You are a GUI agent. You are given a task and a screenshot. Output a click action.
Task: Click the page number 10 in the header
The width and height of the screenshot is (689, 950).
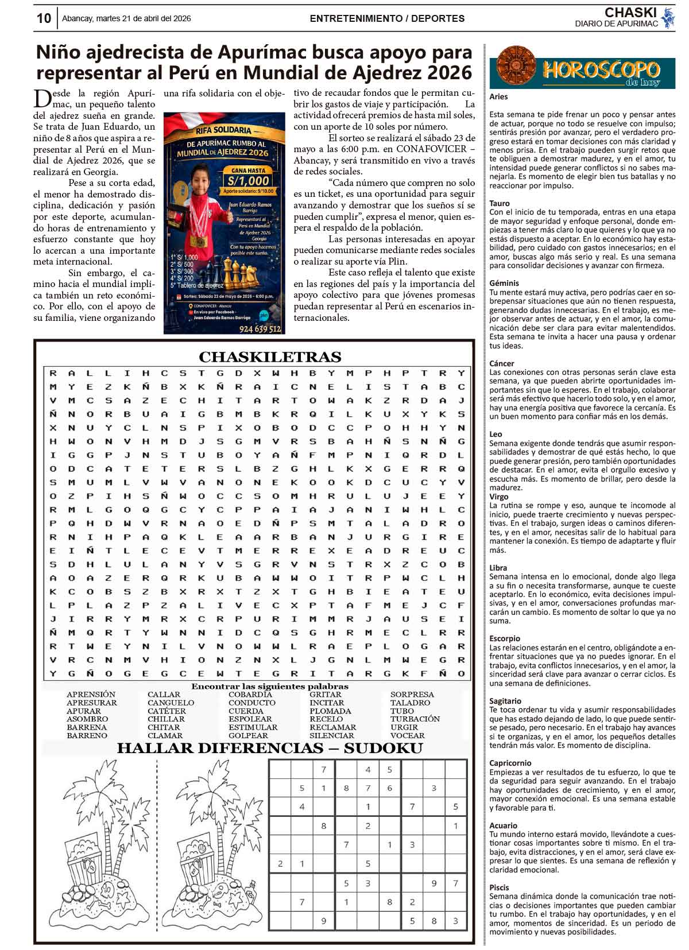(44, 18)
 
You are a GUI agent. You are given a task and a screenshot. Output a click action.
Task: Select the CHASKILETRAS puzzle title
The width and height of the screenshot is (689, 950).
(270, 357)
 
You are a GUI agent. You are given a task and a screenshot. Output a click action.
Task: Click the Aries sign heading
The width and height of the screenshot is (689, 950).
(498, 97)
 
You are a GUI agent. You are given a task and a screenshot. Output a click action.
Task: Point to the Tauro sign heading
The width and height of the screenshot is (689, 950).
(499, 203)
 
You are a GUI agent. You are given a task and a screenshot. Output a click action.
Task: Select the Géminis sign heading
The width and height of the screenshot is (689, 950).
(504, 283)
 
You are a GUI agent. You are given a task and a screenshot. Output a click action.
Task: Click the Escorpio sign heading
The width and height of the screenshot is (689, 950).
(505, 638)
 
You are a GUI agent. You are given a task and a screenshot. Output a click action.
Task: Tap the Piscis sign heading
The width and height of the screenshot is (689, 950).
(499, 887)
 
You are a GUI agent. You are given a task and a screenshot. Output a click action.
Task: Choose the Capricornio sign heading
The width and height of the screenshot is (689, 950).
(510, 763)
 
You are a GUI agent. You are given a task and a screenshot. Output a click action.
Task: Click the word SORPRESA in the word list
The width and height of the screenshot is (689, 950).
(412, 695)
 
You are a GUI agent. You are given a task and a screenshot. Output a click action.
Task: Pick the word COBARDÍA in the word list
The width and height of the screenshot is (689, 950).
(250, 695)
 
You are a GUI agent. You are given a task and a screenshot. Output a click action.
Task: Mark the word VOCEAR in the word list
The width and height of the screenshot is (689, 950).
(407, 735)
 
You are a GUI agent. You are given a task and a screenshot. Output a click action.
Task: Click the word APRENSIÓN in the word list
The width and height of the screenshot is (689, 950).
(91, 695)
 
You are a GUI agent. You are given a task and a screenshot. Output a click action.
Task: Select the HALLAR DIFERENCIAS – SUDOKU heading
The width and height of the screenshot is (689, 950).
(270, 748)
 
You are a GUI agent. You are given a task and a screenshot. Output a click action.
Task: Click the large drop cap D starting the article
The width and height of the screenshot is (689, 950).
(43, 99)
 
